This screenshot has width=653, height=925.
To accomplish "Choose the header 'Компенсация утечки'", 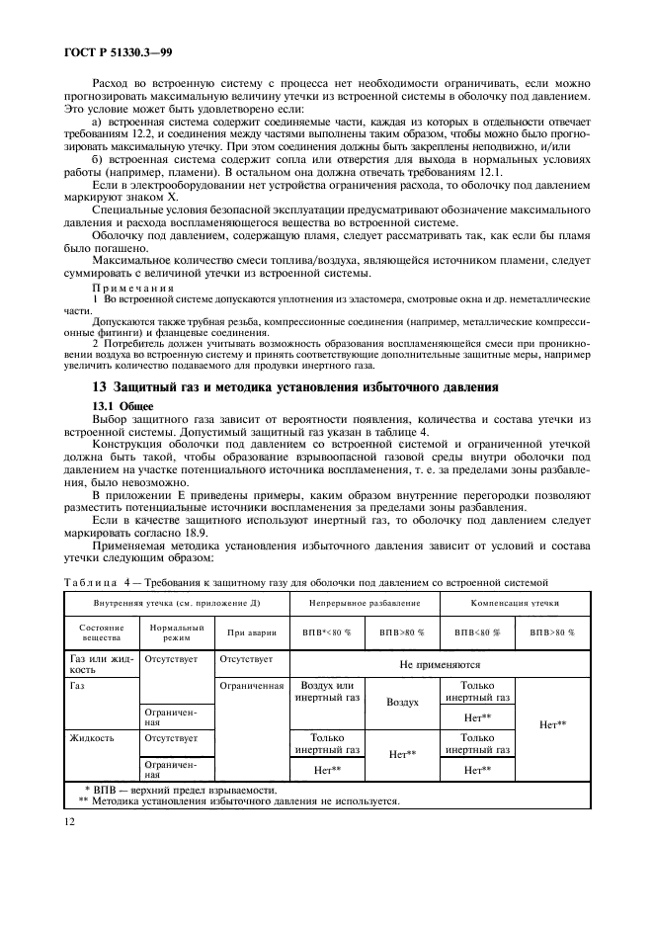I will (515, 602).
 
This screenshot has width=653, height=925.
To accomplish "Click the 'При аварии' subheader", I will (250, 631).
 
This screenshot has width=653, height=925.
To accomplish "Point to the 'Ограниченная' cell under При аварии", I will (250, 685).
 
